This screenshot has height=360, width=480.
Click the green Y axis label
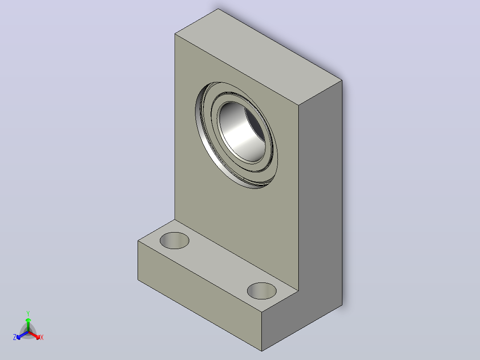tap(28, 313)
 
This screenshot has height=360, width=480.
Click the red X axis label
tap(42, 337)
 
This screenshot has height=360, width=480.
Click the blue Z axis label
tap(15, 337)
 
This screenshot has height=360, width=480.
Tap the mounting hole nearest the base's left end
tap(175, 241)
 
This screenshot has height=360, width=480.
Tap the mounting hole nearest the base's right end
tap(262, 291)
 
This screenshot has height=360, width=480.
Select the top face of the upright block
tap(259, 57)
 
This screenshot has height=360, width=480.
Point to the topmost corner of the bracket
tap(218, 8)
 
